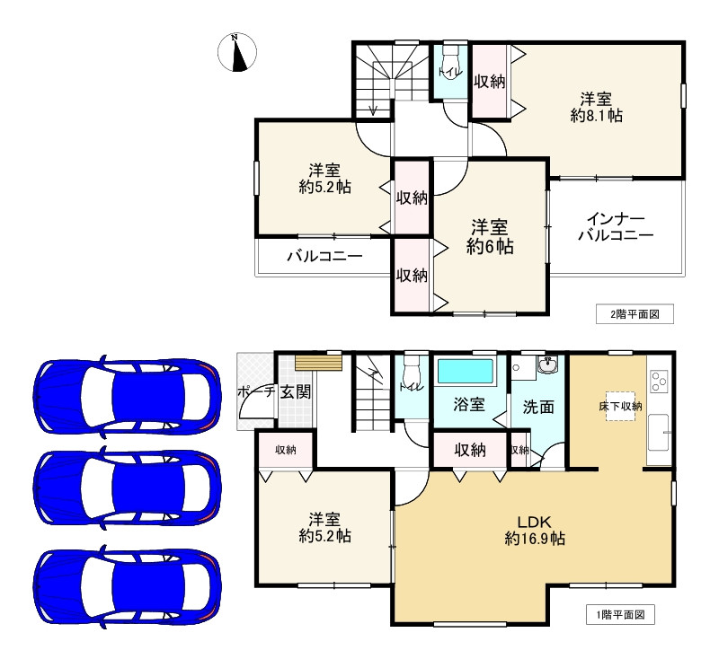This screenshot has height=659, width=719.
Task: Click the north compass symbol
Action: pyautogui.click(x=236, y=52)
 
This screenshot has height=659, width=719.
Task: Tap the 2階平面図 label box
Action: pyautogui.click(x=635, y=314)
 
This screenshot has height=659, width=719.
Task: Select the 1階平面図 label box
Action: pyautogui.click(x=620, y=615)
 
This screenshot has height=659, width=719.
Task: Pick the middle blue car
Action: pyautogui.click(x=128, y=488)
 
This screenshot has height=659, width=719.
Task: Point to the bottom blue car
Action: pyautogui.click(x=128, y=586)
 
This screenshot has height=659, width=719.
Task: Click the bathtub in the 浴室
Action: pyautogui.click(x=466, y=371)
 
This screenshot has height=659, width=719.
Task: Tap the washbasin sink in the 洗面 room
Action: pyautogui.click(x=548, y=365)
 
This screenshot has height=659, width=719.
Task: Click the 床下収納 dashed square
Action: pyautogui.click(x=620, y=406)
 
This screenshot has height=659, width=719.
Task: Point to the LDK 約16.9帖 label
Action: pyautogui.click(x=535, y=531)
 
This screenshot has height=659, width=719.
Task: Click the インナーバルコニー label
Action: pyautogui.click(x=616, y=227)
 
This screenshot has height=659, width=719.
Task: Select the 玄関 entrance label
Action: pyautogui.click(x=296, y=392)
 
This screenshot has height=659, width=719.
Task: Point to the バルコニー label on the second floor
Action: pyautogui.click(x=324, y=256)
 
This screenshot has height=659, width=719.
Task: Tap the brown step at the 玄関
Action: pyautogui.click(x=319, y=363)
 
